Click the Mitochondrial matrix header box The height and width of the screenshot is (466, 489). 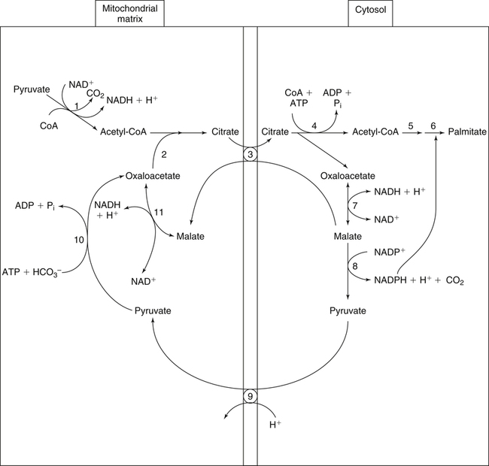tap(130, 13)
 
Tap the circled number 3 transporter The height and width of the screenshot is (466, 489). tap(251, 153)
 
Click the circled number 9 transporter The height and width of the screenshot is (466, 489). tap(251, 395)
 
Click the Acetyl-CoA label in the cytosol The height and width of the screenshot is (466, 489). tap(374, 132)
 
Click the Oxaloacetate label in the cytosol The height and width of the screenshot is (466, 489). tap(347, 177)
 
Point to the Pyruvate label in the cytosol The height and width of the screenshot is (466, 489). tap(347, 310)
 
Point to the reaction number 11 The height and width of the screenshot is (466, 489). tap(158, 213)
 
